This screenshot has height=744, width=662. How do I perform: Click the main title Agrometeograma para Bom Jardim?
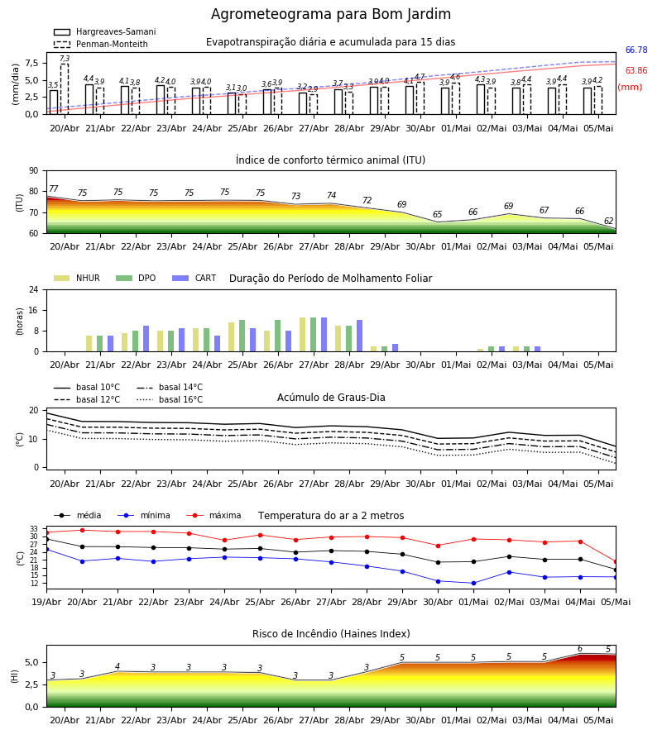[330, 14]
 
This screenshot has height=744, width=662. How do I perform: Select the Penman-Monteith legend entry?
[101, 44]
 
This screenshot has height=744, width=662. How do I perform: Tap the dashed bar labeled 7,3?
[64, 88]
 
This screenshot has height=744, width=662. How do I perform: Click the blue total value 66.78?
[636, 50]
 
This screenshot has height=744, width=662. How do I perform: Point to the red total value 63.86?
[636, 71]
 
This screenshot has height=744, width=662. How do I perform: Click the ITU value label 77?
[53, 188]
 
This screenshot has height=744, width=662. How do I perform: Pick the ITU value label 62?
[608, 221]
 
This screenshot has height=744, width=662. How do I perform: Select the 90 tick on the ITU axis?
[34, 171]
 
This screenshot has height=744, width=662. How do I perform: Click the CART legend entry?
[194, 278]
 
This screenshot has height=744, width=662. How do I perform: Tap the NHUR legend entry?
[77, 278]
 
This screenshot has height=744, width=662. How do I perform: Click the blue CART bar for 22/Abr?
[146, 339]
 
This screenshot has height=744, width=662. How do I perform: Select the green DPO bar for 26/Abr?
[277, 336]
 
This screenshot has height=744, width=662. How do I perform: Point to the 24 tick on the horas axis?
[34, 289]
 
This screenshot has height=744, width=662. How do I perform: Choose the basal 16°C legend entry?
[170, 399]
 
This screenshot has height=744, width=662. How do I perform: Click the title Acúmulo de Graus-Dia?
[331, 397]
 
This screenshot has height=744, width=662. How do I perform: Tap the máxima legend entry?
[213, 515]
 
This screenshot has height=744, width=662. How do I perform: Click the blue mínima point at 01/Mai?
[473, 583]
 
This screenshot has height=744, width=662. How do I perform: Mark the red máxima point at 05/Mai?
[616, 562]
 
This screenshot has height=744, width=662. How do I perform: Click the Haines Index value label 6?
[580, 649]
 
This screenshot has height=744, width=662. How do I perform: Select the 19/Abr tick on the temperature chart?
[46, 602]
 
